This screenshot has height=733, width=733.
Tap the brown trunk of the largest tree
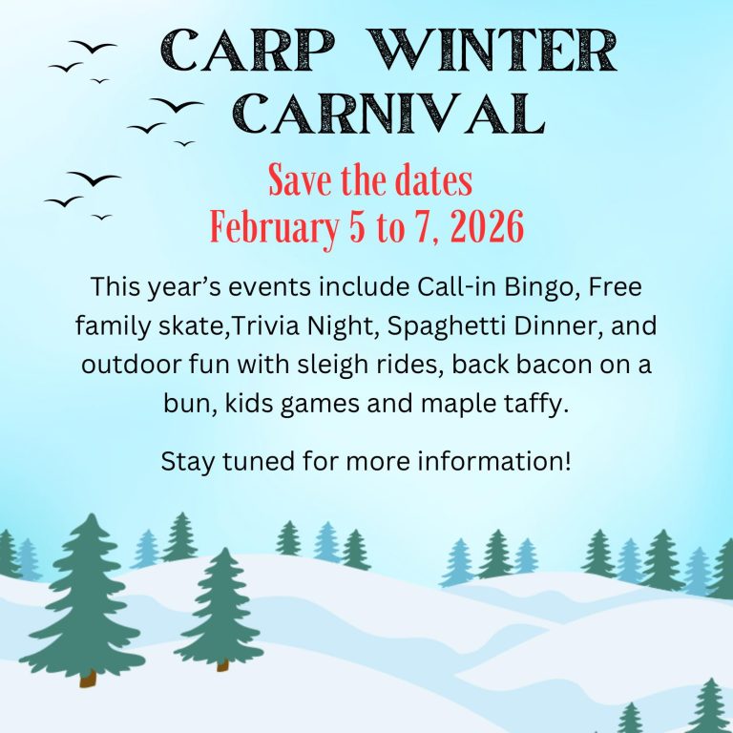(88, 678)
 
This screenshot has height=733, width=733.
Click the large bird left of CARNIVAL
(177, 105)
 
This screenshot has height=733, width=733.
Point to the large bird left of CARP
(93, 47)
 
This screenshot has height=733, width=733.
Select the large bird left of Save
(94, 178)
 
